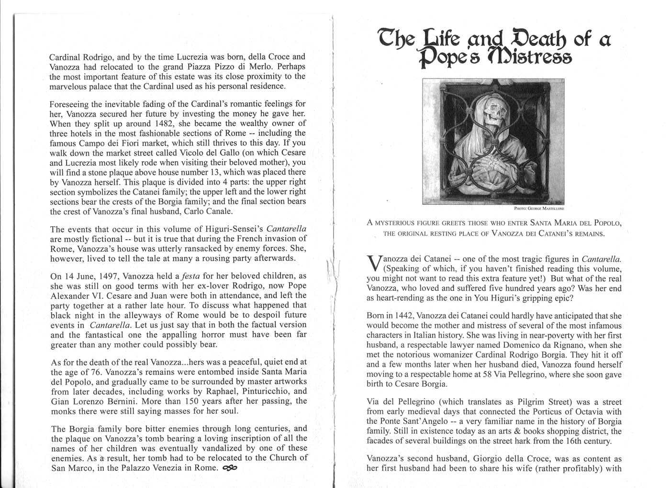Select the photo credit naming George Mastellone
point(539,209)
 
